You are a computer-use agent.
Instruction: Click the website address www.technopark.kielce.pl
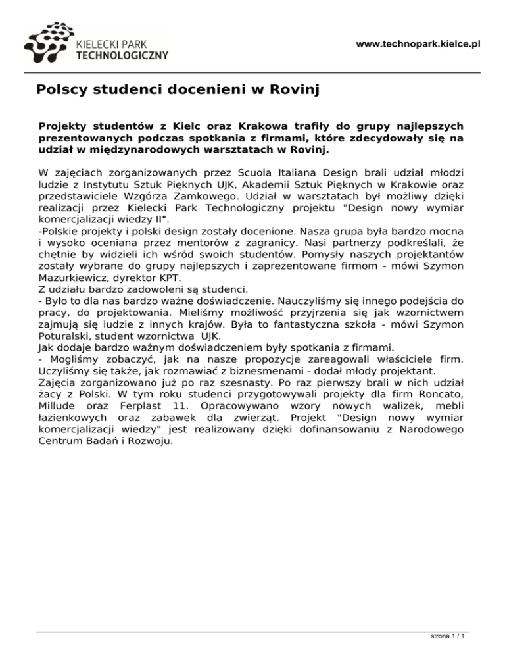click(x=418, y=44)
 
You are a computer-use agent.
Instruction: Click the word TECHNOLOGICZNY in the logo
click(x=122, y=55)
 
